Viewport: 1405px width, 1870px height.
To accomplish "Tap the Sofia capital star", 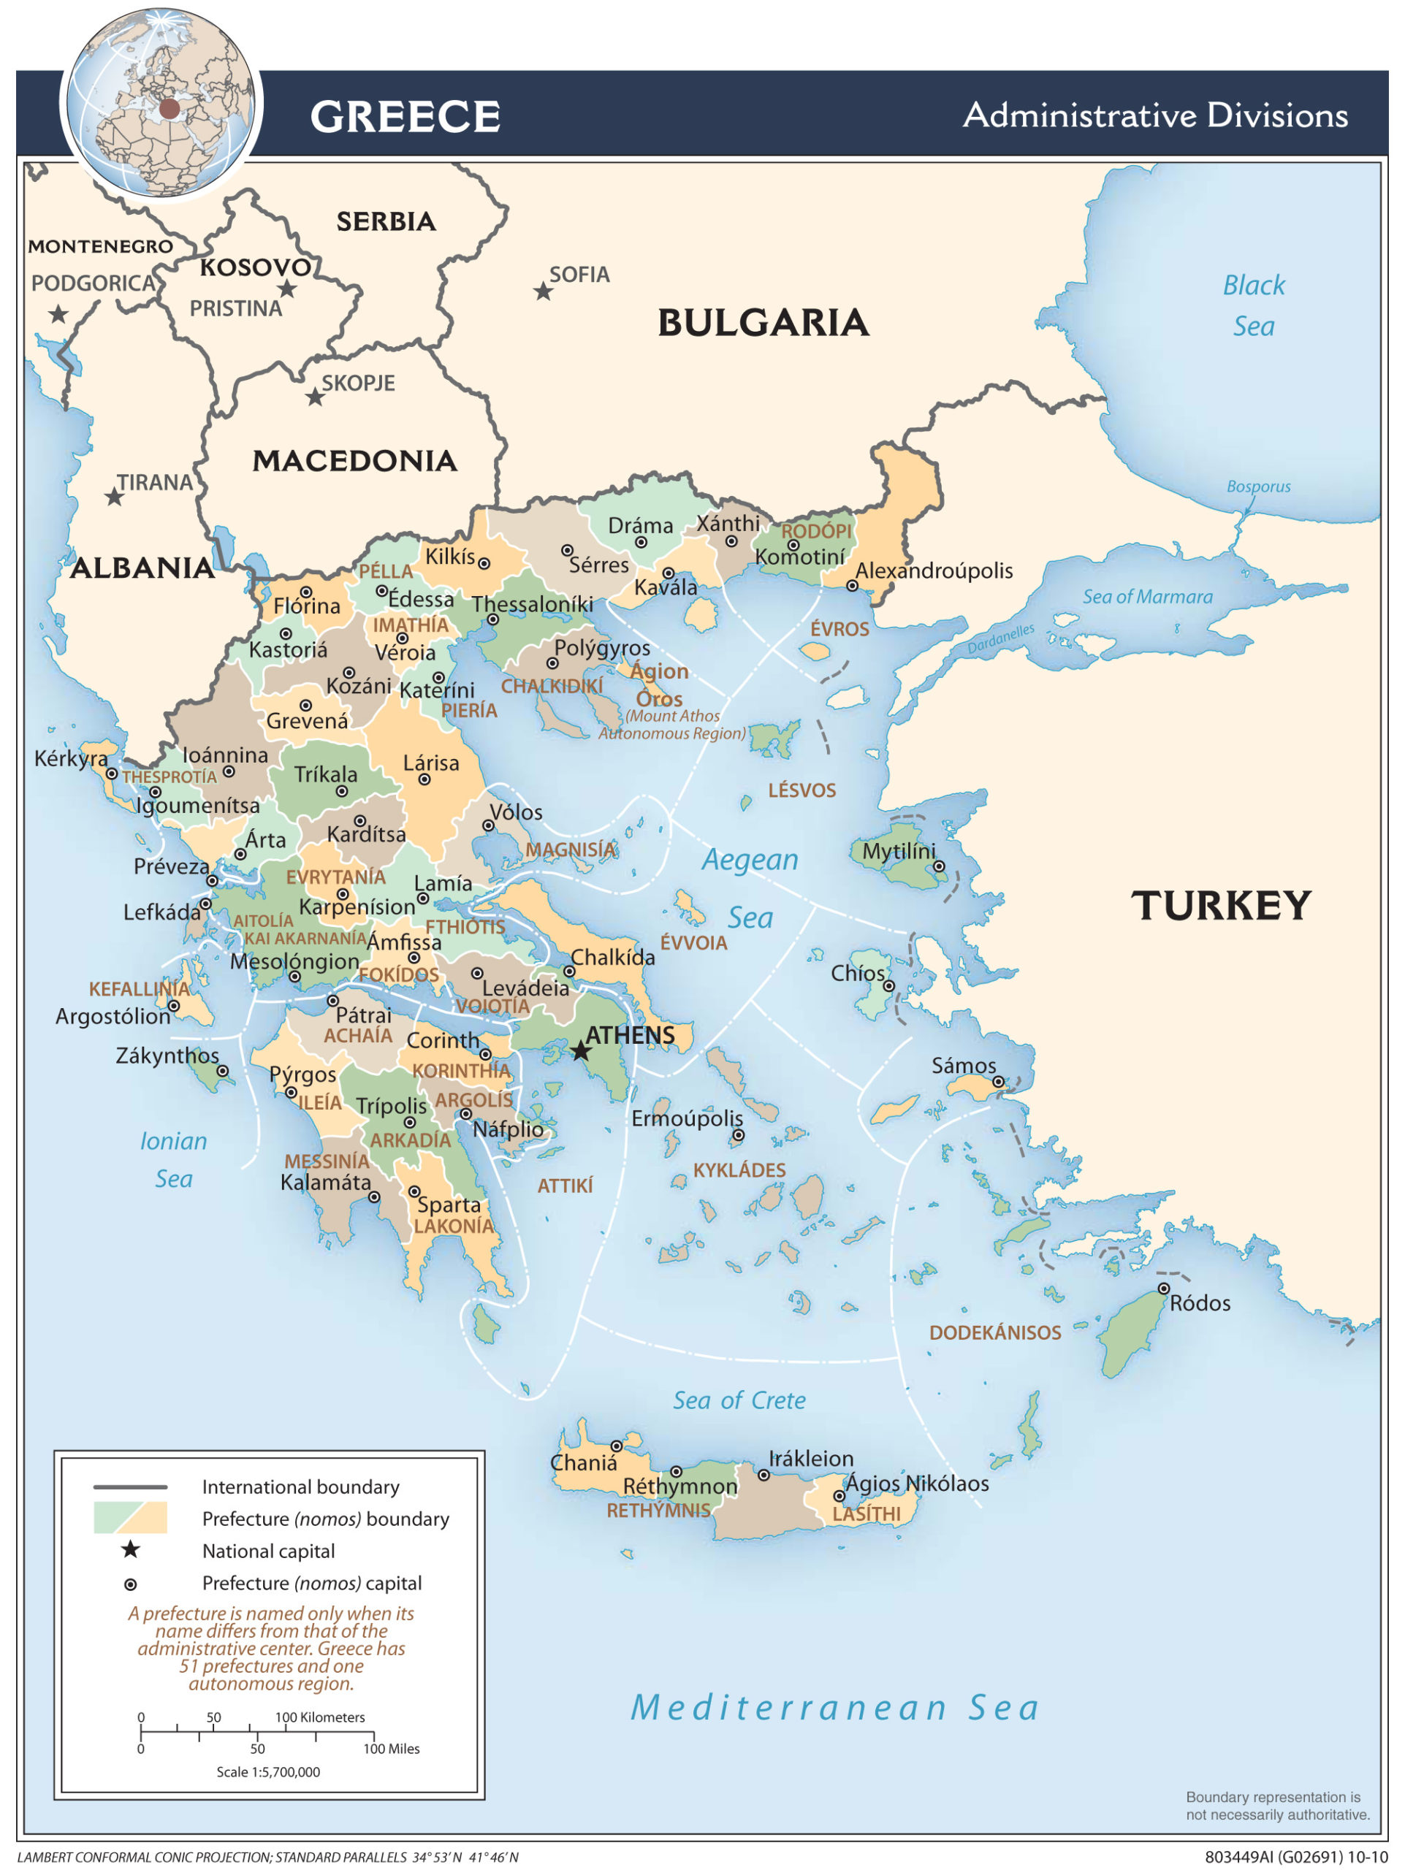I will pyautogui.click(x=543, y=291).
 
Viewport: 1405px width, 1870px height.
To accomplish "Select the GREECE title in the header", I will pyautogui.click(x=405, y=116).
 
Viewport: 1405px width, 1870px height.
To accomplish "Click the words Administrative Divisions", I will pyautogui.click(x=1155, y=115).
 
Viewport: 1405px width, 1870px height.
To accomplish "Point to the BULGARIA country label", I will pyautogui.click(x=763, y=323).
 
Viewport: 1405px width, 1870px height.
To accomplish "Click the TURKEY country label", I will pyautogui.click(x=1220, y=905).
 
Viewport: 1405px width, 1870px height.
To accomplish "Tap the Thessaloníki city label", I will pyautogui.click(x=532, y=604).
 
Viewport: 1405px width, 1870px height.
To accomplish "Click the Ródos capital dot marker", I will pyautogui.click(x=1163, y=1289).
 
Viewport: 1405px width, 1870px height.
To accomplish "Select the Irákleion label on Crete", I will pyautogui.click(x=811, y=1458).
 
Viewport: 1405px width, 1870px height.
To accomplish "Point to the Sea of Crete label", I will pyautogui.click(x=739, y=1401).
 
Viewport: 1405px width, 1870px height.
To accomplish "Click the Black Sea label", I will pyautogui.click(x=1253, y=305).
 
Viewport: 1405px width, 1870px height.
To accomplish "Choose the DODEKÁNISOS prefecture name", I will pyautogui.click(x=994, y=1333).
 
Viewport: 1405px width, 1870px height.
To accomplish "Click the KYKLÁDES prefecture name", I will pyautogui.click(x=739, y=1170).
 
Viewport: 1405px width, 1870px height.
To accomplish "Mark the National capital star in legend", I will pyautogui.click(x=130, y=1549).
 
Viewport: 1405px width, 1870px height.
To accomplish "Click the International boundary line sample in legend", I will pyautogui.click(x=130, y=1487).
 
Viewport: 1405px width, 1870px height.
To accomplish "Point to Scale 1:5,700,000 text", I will pyautogui.click(x=268, y=1771).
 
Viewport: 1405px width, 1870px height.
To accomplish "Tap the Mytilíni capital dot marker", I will pyautogui.click(x=938, y=866).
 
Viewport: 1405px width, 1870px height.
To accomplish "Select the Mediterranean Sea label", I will pyautogui.click(x=835, y=1708).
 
